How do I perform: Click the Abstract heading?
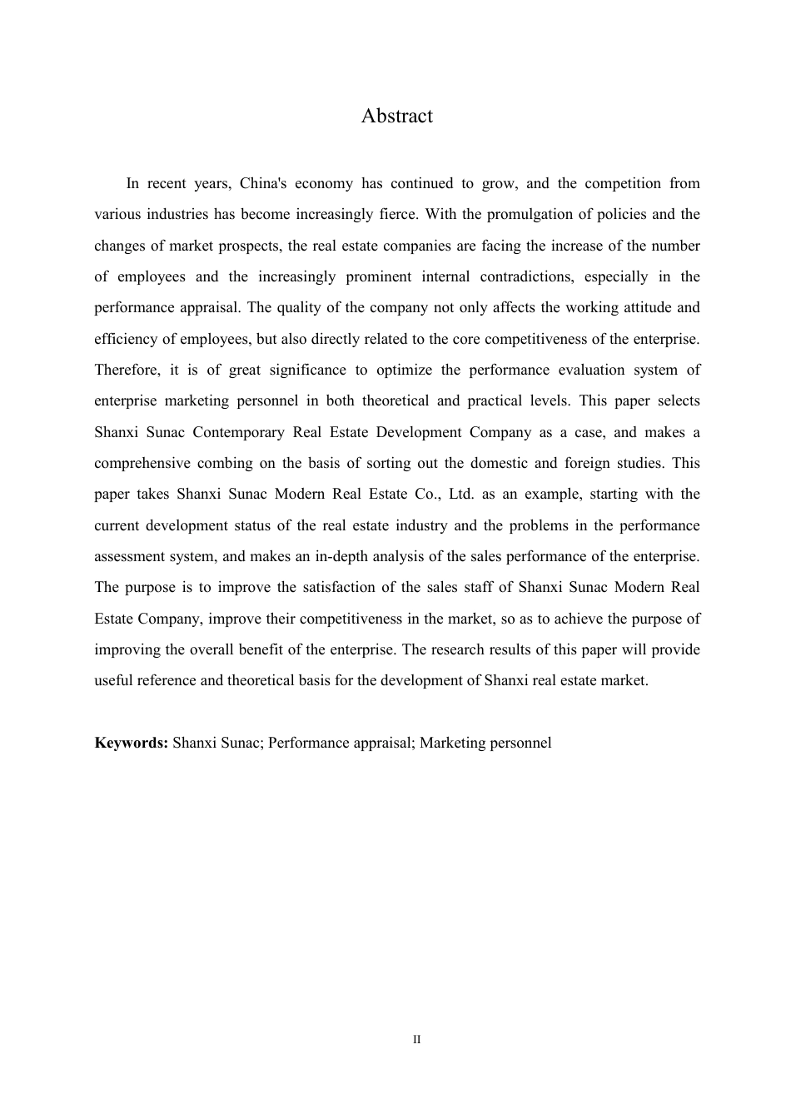click(396, 116)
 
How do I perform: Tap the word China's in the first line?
click(263, 183)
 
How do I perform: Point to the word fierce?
click(398, 214)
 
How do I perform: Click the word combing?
click(224, 463)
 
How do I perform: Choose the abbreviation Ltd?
click(460, 494)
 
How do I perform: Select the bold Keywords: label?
click(132, 743)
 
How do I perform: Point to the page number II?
click(417, 1040)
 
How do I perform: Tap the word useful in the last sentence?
click(113, 680)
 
